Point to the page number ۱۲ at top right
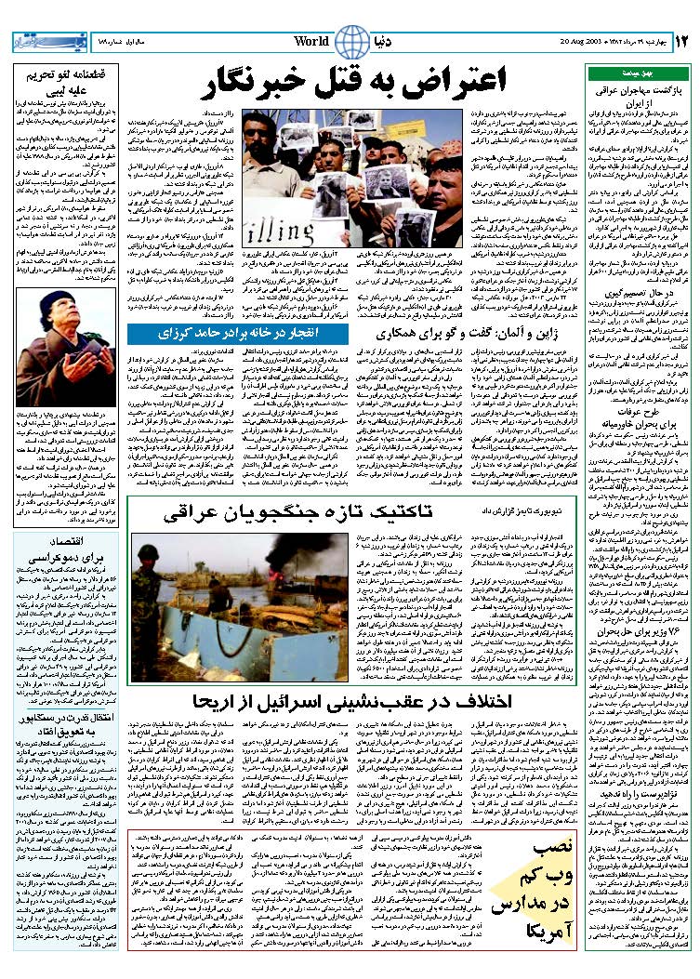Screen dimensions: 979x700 (x=681, y=41)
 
